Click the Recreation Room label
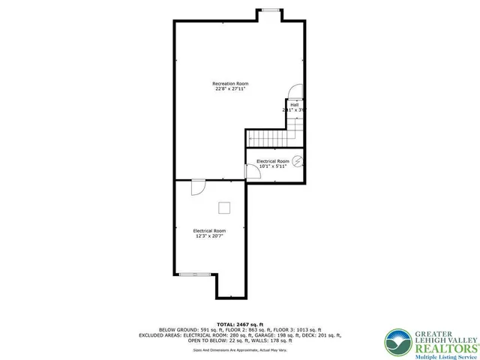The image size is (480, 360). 230,83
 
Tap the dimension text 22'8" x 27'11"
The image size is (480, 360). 230,89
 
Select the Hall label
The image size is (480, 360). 295,104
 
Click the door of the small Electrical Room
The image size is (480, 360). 253,171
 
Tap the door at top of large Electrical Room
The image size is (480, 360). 197,187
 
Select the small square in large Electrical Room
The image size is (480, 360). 223,208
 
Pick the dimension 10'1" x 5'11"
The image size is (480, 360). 273,166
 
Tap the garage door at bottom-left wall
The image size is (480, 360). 193,274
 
